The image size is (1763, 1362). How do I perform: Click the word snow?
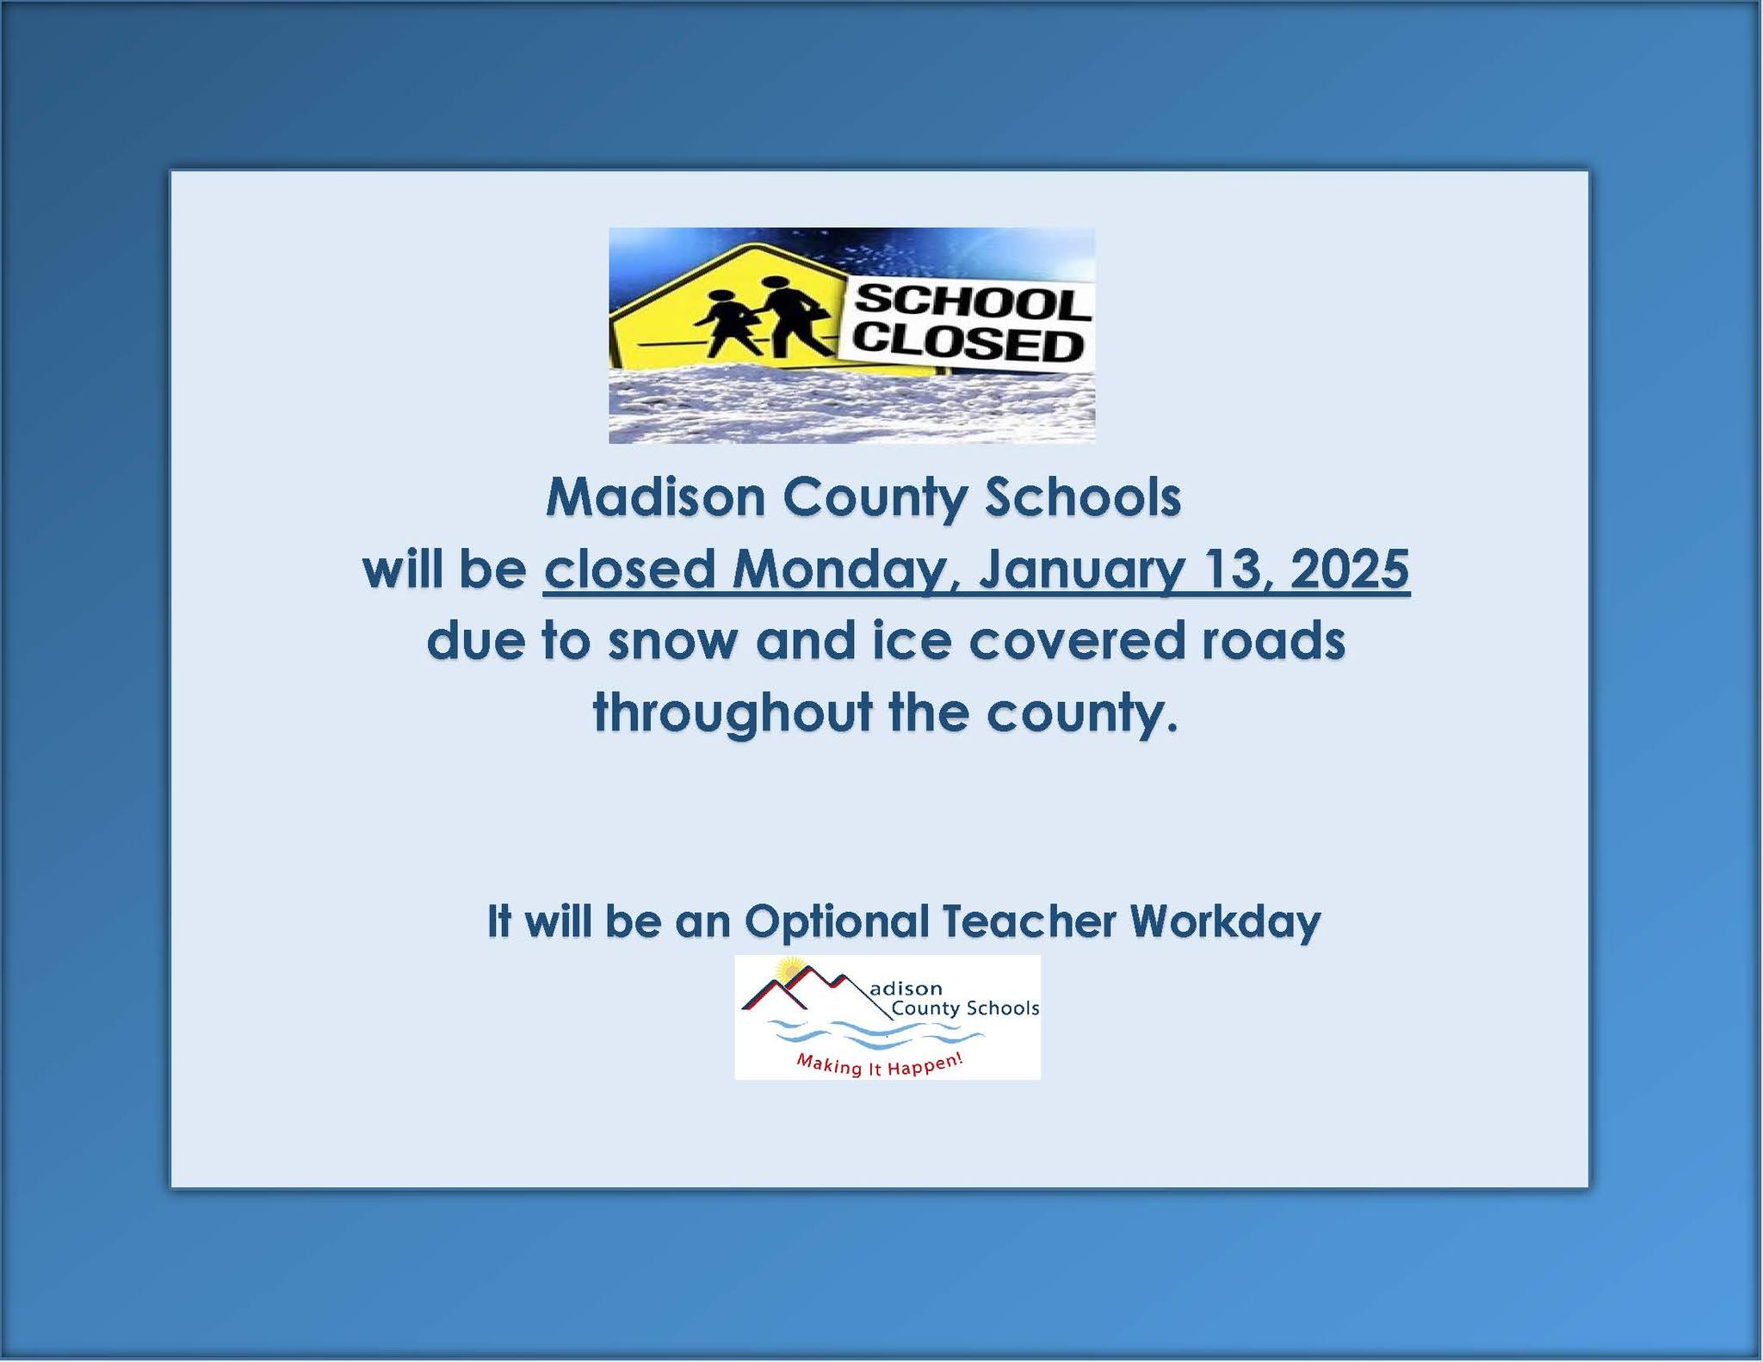(x=671, y=643)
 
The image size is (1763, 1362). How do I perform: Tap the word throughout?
(x=733, y=713)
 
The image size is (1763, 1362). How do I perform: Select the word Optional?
(x=837, y=921)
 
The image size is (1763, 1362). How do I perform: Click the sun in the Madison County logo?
(x=789, y=971)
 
